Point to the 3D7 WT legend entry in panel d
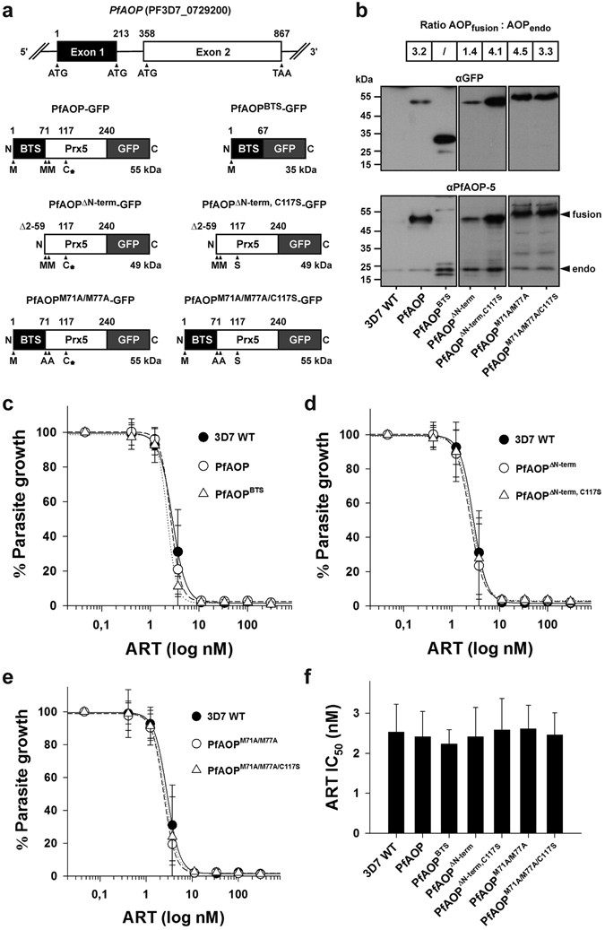(519, 441)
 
